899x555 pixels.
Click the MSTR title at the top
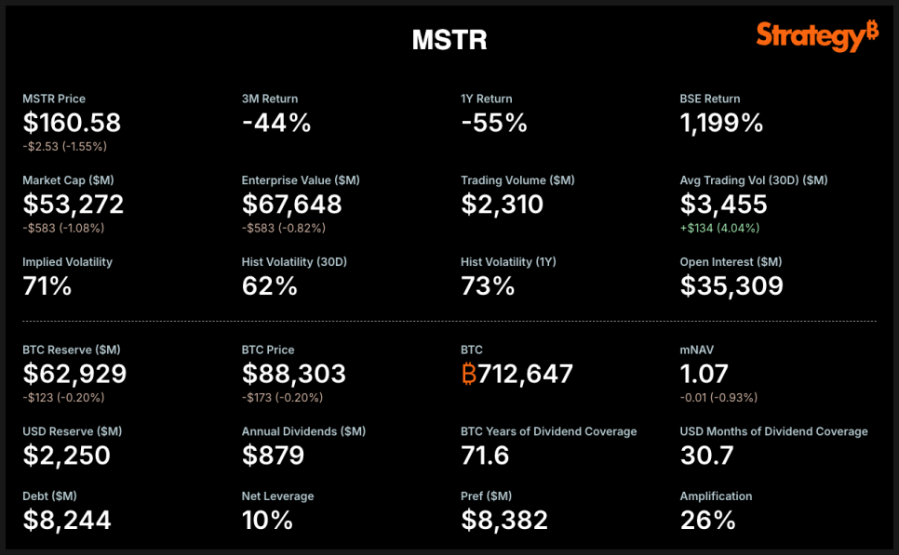point(449,40)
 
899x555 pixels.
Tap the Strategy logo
point(816,36)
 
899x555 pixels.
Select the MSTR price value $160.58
point(72,123)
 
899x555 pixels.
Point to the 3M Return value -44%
point(276,123)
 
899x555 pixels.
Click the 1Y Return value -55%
point(494,123)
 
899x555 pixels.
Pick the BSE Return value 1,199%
point(721,123)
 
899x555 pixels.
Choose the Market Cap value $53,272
point(73,204)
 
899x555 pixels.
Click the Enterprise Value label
point(301,180)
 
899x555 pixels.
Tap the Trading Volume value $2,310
point(503,204)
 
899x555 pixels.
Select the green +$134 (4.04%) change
point(720,228)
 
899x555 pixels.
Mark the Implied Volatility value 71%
point(47,285)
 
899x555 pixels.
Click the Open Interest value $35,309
point(731,285)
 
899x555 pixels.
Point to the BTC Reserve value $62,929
point(74,374)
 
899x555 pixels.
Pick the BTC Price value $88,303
point(294,374)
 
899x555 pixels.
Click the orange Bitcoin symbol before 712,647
point(469,374)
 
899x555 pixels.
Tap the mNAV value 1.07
point(707,374)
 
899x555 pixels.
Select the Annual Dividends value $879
point(274,455)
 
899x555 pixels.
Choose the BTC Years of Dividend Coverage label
point(549,431)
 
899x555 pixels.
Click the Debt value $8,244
point(67,520)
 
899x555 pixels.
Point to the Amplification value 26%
point(708,520)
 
